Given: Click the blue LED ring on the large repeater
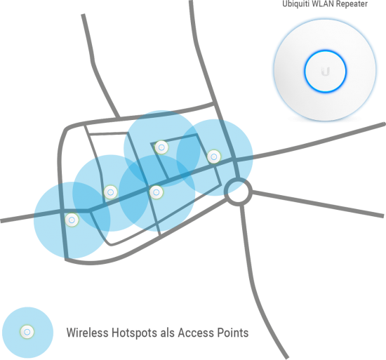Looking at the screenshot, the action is point(325,51).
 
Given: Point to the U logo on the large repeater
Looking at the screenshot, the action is point(325,72).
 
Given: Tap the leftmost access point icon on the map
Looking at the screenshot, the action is point(72,220).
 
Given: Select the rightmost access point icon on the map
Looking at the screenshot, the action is point(213,156).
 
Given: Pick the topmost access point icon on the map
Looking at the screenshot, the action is point(161,147).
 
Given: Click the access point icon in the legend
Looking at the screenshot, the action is point(27,332).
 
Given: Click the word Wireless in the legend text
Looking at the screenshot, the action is point(88,333).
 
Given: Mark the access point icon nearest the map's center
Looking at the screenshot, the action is point(156,192).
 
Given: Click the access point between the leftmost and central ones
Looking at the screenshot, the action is point(110,192).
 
